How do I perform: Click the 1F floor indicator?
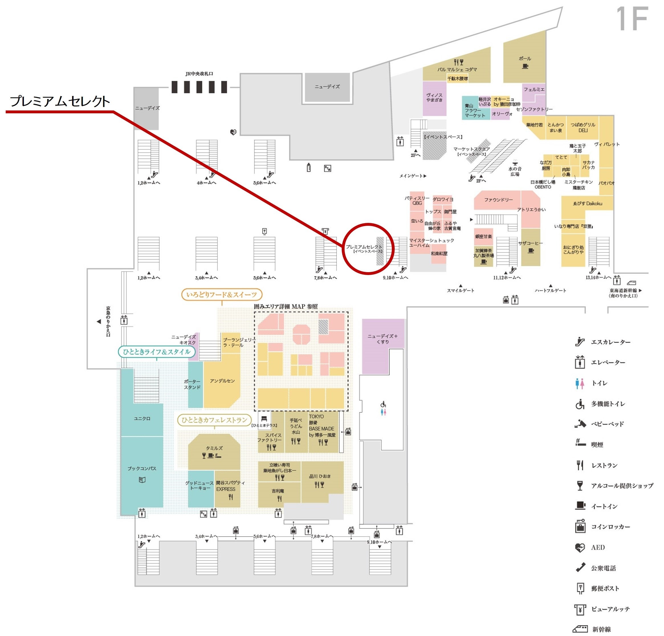632,19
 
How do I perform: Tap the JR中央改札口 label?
199,73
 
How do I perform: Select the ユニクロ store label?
142,418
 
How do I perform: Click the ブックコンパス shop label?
142,468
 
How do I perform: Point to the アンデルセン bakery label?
222,381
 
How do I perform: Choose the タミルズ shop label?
214,448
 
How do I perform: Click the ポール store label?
525,59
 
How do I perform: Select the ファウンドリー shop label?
498,200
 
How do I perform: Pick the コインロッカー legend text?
610,527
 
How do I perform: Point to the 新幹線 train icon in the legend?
580,629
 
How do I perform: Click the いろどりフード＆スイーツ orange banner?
221,294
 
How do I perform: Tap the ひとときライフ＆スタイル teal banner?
156,352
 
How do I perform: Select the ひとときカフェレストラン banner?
214,420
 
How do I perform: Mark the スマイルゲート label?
461,290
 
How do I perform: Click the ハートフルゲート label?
550,290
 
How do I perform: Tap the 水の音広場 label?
515,171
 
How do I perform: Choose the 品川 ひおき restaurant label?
320,476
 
